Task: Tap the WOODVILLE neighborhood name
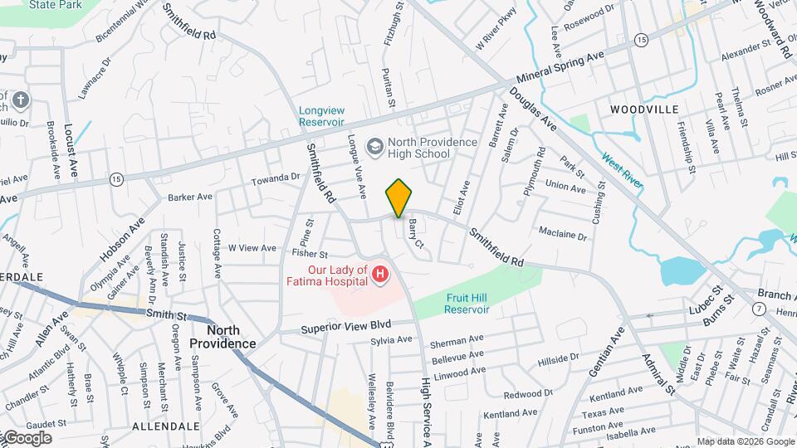pyautogui.click(x=643, y=110)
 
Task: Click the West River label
pyautogui.click(x=622, y=169)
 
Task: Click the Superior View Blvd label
pyautogui.click(x=347, y=324)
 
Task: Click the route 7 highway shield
pyautogui.click(x=759, y=309)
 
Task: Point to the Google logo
pyautogui.click(x=27, y=438)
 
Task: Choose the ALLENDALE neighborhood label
pyautogui.click(x=166, y=426)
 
